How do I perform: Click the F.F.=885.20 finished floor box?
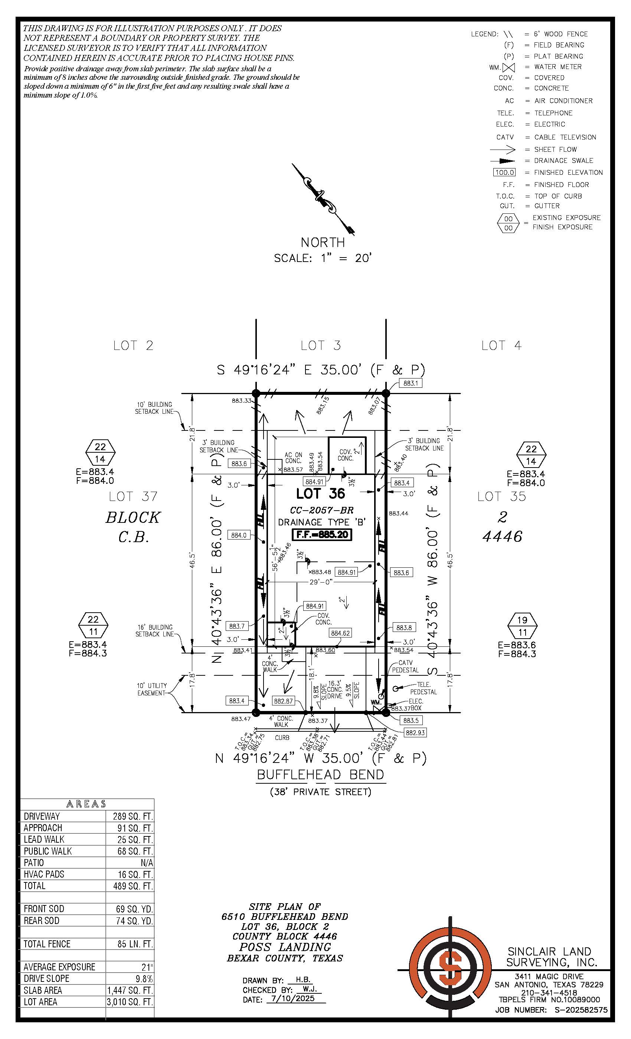pyautogui.click(x=322, y=535)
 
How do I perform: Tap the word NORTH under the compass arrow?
pyautogui.click(x=323, y=242)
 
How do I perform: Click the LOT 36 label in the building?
pyautogui.click(x=321, y=494)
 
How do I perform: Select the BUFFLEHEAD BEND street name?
pyautogui.click(x=321, y=775)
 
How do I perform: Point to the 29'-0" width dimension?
pyautogui.click(x=321, y=582)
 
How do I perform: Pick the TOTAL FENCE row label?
pyautogui.click(x=47, y=944)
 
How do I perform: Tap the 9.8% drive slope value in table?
pyautogui.click(x=144, y=978)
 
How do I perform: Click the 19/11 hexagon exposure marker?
pyautogui.click(x=522, y=626)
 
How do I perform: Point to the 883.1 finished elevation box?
pyautogui.click(x=410, y=383)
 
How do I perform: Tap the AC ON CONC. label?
pyautogui.click(x=293, y=458)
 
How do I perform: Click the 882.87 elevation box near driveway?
pyautogui.click(x=283, y=701)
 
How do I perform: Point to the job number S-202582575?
pyautogui.click(x=581, y=1010)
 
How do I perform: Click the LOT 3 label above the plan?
pyautogui.click(x=321, y=346)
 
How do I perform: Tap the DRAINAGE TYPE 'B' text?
pyautogui.click(x=321, y=522)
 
